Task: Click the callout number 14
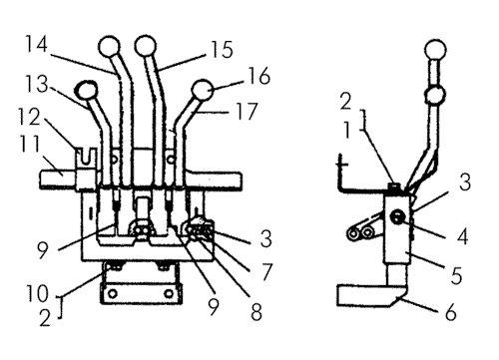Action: (37, 45)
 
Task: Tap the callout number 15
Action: (223, 50)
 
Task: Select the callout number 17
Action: (247, 111)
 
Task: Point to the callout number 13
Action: (37, 84)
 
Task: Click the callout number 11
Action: (30, 144)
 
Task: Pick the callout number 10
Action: (37, 293)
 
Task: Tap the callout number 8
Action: (255, 312)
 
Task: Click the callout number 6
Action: (450, 312)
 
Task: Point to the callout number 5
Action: (456, 275)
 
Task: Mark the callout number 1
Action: (347, 130)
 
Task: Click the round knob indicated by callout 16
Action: (203, 90)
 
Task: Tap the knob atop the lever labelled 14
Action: (109, 46)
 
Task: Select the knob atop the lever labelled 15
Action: (146, 45)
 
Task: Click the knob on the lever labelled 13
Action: (87, 90)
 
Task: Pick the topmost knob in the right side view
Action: (435, 50)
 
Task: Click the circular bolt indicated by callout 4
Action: (397, 217)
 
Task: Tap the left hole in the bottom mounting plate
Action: (113, 293)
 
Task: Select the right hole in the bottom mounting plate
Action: (170, 293)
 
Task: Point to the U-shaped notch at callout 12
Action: (86, 157)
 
